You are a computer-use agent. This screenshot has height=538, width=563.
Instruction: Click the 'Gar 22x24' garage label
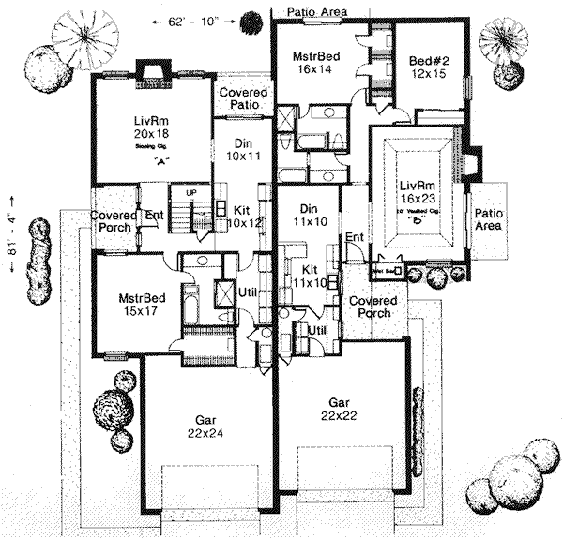tap(201, 426)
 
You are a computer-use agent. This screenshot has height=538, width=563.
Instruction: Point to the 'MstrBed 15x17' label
tap(142, 306)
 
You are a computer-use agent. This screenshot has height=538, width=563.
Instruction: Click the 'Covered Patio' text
tap(244, 99)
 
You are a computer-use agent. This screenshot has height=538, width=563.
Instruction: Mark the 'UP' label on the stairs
tap(191, 194)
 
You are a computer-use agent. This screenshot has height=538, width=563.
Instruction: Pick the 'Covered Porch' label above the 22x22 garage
tap(373, 307)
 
